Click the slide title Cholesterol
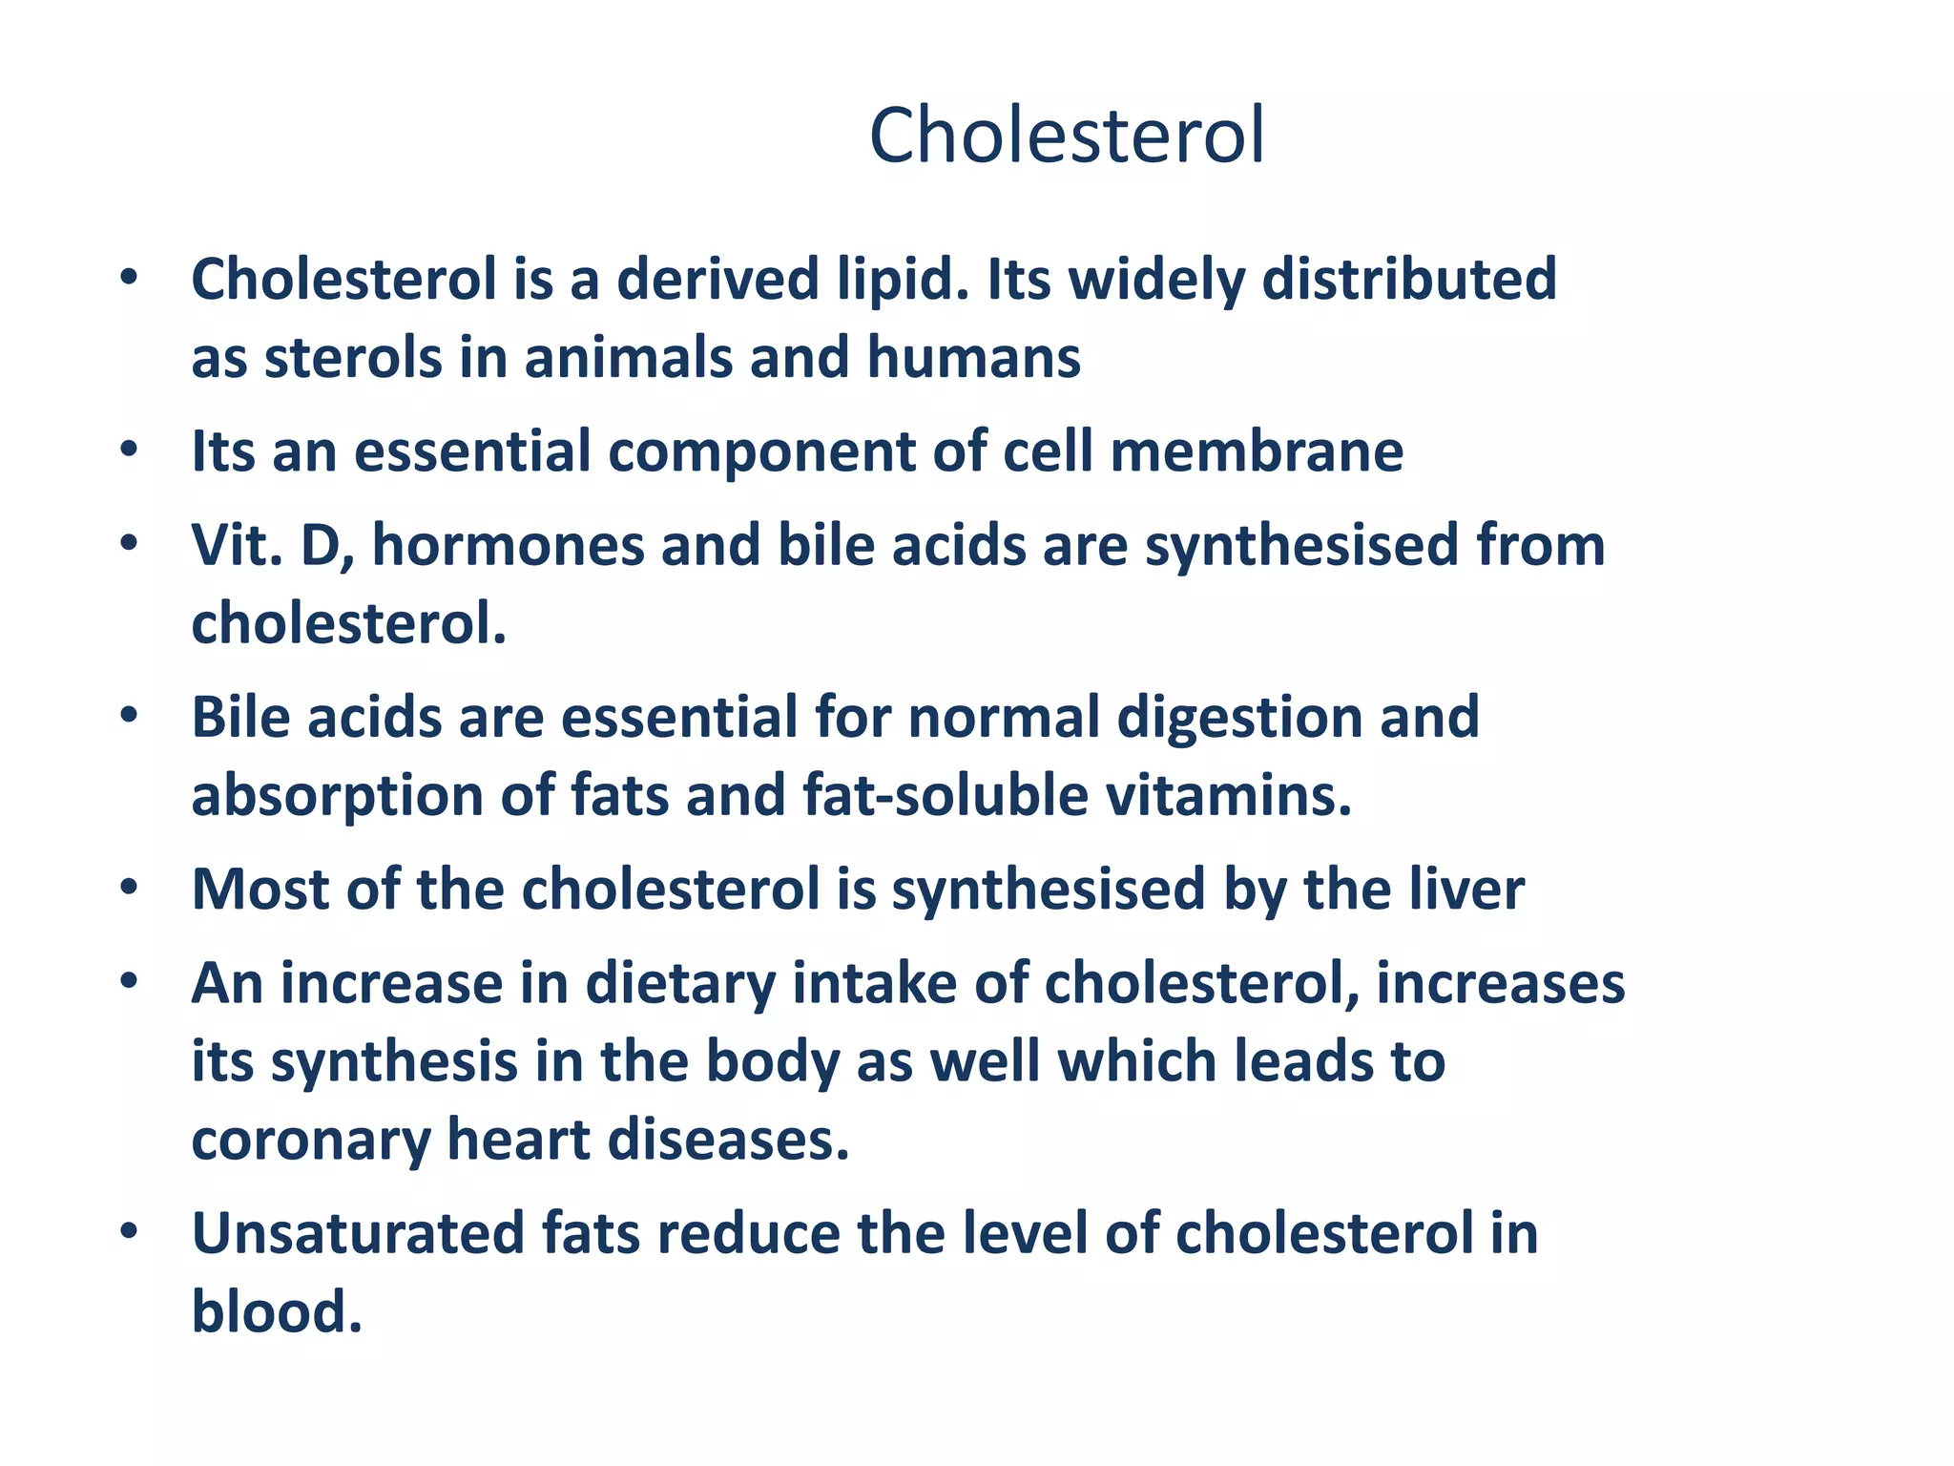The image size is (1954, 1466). click(1066, 136)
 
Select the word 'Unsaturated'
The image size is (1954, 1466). click(359, 1233)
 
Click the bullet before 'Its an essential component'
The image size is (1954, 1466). click(130, 450)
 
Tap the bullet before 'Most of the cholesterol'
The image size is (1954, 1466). click(130, 889)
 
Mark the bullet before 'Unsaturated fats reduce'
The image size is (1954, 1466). click(130, 1232)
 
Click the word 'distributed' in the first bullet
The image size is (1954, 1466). click(1409, 280)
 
